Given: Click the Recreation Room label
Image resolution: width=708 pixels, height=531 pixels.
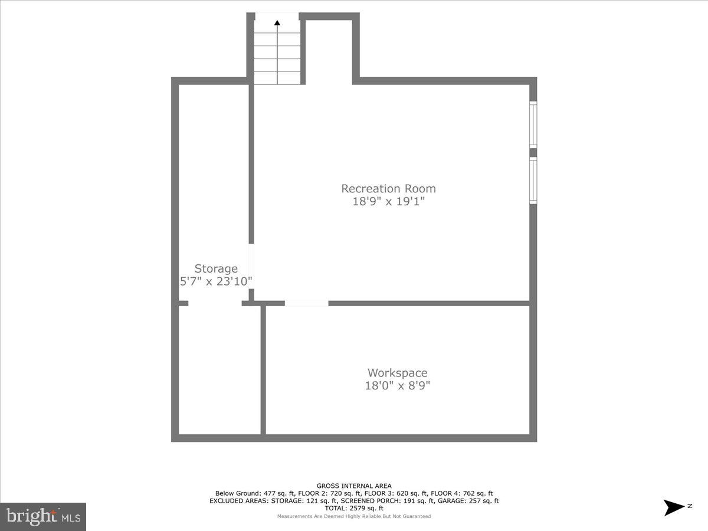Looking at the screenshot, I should point(388,189).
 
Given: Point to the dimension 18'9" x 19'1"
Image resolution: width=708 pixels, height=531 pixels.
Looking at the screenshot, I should point(388,202).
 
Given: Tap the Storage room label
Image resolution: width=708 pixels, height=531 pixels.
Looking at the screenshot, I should point(216,269).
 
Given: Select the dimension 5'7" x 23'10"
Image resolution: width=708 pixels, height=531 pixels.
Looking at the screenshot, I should point(216,281).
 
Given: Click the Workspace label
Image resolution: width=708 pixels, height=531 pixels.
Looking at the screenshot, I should point(397,373).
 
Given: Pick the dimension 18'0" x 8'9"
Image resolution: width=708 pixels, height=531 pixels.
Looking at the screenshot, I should point(397,386).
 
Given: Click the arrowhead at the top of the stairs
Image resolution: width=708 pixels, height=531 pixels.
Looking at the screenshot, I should point(277,23).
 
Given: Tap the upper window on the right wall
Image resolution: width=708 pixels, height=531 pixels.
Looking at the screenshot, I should point(533,124).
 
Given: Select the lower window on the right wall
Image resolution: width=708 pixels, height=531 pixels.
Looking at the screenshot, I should point(533,181).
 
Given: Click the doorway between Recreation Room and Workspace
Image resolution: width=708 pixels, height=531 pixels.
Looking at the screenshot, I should point(306,303).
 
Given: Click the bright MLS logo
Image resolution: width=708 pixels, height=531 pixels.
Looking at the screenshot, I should point(43,516).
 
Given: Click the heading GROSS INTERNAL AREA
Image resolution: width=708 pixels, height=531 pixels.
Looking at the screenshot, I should point(354,486).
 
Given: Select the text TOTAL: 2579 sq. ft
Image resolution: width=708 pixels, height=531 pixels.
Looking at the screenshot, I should point(354,508).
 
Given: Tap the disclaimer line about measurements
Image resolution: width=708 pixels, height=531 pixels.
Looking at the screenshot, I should point(354,516).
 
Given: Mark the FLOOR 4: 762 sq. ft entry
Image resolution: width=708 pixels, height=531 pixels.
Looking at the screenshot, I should point(462,493).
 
